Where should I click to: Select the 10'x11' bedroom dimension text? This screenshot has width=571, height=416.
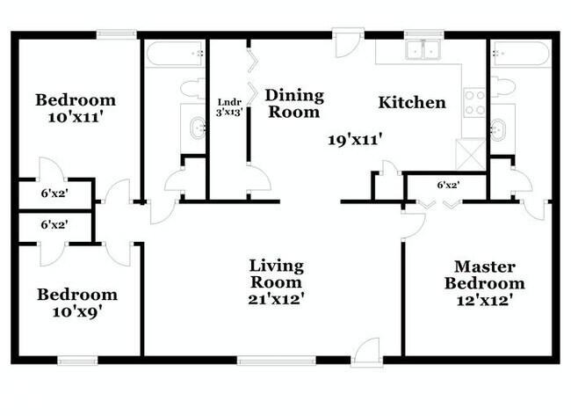click(76, 119)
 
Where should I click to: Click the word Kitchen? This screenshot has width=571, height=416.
click(411, 103)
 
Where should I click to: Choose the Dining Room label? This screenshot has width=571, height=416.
click(294, 103)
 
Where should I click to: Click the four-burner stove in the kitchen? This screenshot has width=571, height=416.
click(474, 103)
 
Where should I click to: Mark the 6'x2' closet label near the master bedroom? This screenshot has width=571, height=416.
click(448, 186)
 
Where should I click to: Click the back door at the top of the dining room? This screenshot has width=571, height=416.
click(348, 42)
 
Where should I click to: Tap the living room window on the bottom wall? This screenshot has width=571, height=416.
click(276, 358)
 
